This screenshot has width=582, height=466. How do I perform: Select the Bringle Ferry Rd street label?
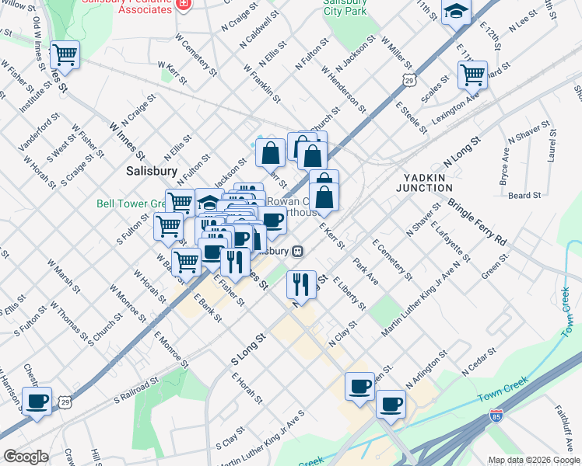pyautogui.click(x=477, y=221)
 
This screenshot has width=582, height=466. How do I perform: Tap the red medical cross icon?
pyautogui.click(x=184, y=5)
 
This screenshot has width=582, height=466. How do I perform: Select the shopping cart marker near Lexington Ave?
pyautogui.click(x=472, y=75)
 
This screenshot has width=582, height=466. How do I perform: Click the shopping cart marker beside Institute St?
pyautogui.click(x=65, y=54)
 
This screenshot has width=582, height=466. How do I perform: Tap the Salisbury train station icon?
pyautogui.click(x=297, y=252)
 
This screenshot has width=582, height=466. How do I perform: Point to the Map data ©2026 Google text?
pyautogui.click(x=533, y=460)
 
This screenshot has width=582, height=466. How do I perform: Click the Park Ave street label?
pyautogui.click(x=366, y=271)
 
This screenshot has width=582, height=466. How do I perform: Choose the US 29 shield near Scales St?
pyautogui.click(x=409, y=78)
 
